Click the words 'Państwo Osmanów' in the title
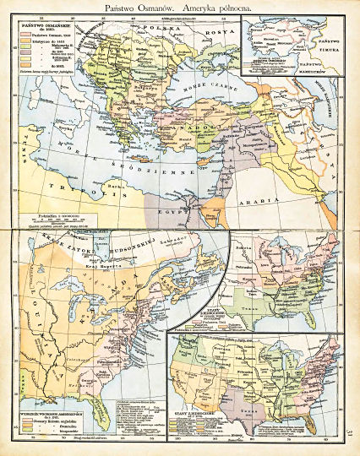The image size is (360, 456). point(140,7)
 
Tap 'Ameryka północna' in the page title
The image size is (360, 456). point(216,7)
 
